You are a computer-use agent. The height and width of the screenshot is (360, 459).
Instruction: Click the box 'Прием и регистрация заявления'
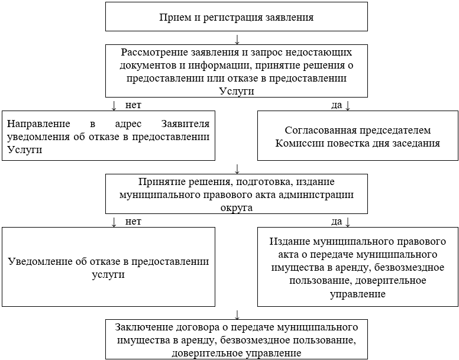tap(236, 17)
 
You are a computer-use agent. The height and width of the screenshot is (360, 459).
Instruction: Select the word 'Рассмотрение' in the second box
tap(151, 51)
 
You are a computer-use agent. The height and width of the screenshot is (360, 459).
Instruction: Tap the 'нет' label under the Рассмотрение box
tap(132, 105)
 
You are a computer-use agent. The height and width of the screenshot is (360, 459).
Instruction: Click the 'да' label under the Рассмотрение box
tap(337, 105)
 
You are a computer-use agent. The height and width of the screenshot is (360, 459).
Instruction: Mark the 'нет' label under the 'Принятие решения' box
tap(132, 221)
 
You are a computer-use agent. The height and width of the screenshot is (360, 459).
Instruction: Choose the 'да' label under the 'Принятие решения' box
tap(337, 221)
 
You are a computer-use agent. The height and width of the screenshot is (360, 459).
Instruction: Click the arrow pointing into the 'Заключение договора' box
tap(237, 314)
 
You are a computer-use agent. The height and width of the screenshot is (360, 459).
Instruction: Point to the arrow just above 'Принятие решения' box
tap(237, 168)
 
